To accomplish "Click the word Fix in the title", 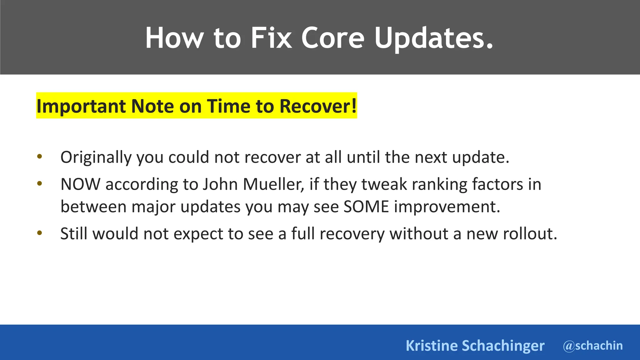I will point(271,38).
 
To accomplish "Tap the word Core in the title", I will point(332,38).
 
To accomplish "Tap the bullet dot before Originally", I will point(39,157).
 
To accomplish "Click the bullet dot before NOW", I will point(39,184).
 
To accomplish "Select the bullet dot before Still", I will point(39,233).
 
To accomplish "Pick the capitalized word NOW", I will point(80,184).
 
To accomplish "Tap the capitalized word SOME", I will point(366,207).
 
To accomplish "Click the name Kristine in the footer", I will point(431,346).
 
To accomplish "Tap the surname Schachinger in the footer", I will point(503,346).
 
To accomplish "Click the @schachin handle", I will point(592,346).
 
